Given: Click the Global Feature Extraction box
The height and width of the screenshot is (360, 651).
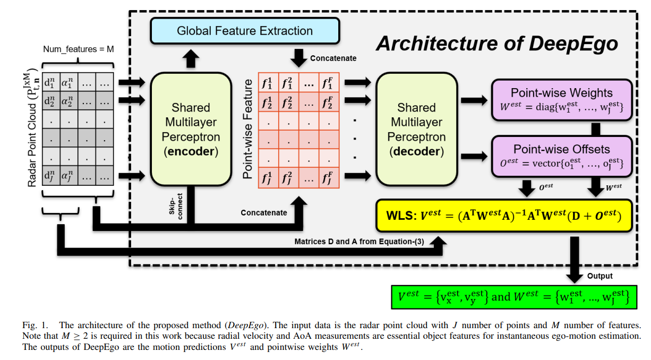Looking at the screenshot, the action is [245, 31].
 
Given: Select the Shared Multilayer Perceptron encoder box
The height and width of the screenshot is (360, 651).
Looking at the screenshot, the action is [191, 130].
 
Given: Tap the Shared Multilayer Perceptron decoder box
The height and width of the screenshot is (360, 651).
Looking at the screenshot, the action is [416, 130].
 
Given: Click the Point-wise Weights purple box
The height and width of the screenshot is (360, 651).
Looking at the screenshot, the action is [562, 100].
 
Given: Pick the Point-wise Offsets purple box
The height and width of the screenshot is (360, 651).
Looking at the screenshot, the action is [562, 156].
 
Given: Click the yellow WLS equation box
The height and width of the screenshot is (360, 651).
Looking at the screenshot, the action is [504, 216].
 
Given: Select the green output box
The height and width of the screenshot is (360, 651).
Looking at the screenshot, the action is [514, 297].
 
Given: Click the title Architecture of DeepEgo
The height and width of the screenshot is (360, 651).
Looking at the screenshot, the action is [497, 44].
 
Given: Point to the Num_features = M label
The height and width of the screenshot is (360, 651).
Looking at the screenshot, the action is [78, 49].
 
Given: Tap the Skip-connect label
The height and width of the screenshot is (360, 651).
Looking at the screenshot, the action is [176, 207].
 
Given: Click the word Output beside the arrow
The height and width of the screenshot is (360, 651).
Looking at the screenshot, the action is [599, 276].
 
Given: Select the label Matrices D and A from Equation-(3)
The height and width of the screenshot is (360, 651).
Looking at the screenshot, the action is [359, 242].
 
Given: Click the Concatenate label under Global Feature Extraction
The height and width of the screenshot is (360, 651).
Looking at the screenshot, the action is [333, 58].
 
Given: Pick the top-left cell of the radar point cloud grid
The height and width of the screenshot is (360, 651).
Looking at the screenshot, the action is [51, 82].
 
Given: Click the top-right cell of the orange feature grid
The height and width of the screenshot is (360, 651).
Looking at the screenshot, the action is [329, 82].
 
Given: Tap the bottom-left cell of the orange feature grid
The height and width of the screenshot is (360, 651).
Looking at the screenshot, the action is [268, 178].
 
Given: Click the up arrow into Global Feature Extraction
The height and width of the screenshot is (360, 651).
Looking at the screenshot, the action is [191, 58].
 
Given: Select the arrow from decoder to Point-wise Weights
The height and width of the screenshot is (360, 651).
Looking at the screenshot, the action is [474, 100].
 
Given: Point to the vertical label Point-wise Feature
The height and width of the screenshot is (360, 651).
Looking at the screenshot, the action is [247, 129].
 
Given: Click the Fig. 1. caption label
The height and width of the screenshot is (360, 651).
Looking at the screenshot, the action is [35, 325].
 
